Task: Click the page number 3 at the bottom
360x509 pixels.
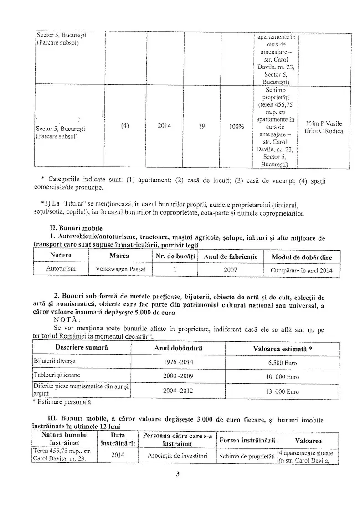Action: click(178, 474)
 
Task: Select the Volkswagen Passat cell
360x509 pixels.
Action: click(121, 269)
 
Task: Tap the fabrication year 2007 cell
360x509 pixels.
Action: click(230, 270)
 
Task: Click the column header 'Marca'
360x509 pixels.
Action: click(119, 257)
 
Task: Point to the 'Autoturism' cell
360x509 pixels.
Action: click(61, 269)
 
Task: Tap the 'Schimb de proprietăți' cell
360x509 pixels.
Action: click(246, 456)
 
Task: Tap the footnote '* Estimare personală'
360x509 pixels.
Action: click(62, 402)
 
